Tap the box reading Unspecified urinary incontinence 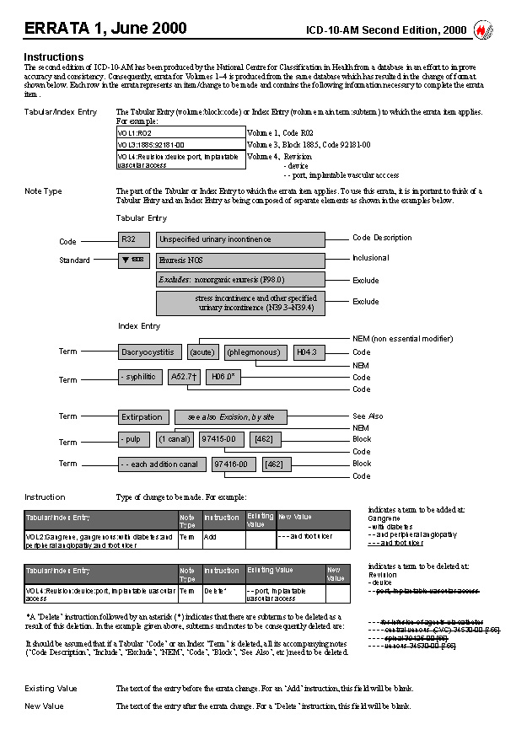(x=240, y=239)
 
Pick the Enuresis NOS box (x=240, y=260)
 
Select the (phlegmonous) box (x=255, y=352)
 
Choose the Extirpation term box (x=142, y=416)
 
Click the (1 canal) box (x=174, y=439)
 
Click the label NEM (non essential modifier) (x=402, y=338)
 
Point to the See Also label (x=368, y=416)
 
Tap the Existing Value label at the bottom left (x=51, y=689)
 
